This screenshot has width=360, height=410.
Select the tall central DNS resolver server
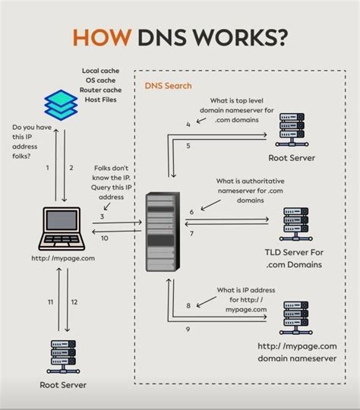(162, 233)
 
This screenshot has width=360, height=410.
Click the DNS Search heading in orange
(168, 87)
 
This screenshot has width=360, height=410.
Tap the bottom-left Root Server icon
(63, 355)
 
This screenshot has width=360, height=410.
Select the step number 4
(188, 124)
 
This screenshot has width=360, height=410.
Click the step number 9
(188, 329)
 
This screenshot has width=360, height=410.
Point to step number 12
(74, 302)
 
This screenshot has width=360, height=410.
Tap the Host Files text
(99, 100)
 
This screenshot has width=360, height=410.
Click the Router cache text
(99, 90)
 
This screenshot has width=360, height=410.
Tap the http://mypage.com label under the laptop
(63, 258)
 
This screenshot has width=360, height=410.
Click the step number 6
(191, 212)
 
